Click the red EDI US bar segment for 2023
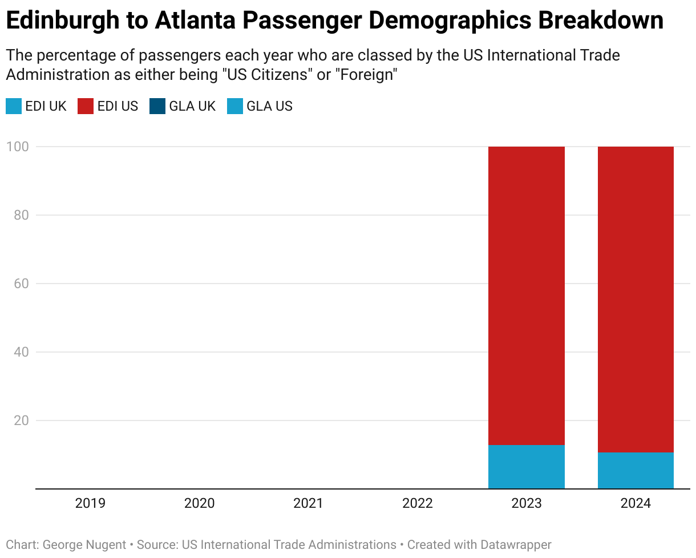pos(526,296)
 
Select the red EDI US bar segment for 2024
pos(636,300)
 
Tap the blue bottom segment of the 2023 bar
pos(526,467)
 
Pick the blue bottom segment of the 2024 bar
pos(636,471)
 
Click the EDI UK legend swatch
pos(14,106)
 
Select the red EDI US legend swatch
pos(86,106)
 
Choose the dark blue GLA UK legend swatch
pos(157,106)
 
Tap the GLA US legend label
pos(269,106)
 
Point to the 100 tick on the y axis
pos(17,147)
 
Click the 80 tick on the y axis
pos(20,215)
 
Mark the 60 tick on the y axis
pos(20,284)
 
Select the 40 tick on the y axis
pos(20,352)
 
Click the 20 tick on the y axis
pos(20,420)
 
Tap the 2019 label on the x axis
pos(90,503)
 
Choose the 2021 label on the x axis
pos(308,503)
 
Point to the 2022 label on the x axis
pos(417,503)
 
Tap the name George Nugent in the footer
pos(84,545)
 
